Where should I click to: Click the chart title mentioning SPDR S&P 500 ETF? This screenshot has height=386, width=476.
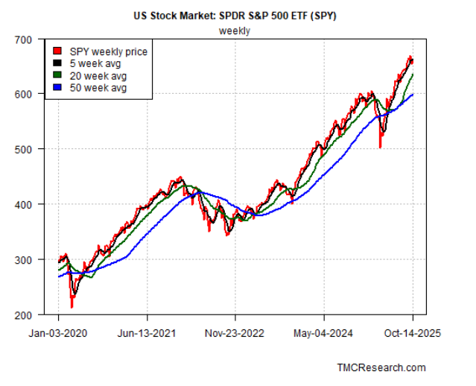(235, 15)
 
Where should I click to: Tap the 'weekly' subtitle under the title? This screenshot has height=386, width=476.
(235, 31)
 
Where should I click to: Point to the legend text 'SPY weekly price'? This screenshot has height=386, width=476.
(109, 51)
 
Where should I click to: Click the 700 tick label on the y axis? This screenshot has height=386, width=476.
(25, 39)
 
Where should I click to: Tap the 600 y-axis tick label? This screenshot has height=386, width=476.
(25, 94)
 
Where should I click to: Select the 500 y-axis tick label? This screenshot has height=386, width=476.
(25, 149)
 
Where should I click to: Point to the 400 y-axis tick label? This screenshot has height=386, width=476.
(25, 204)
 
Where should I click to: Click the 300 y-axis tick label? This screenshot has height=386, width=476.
(25, 259)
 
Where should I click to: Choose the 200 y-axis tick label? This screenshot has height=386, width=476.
(25, 314)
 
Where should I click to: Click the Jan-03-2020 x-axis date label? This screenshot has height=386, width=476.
(58, 334)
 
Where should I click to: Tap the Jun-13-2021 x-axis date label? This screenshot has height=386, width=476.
(147, 334)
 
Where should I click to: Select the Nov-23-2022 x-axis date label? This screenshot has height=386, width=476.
(235, 334)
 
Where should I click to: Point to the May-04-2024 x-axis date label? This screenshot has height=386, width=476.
(324, 334)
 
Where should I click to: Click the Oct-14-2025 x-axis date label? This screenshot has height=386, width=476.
(412, 334)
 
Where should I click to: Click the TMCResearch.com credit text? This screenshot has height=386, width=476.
(381, 367)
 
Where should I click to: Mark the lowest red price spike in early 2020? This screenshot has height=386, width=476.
(72, 306)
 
